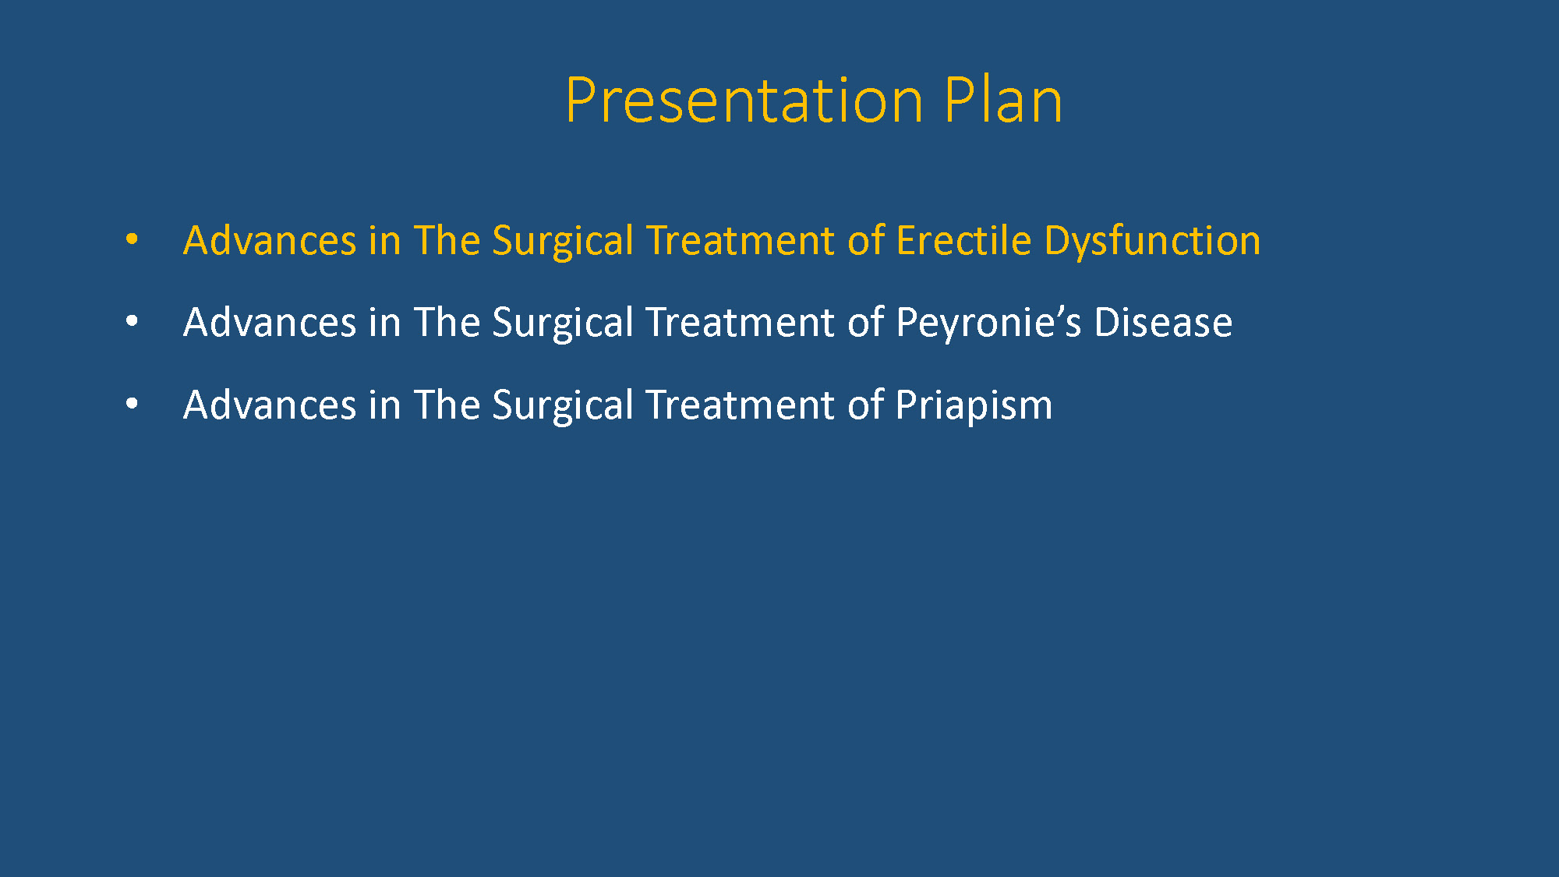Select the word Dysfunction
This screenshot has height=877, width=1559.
(x=1152, y=242)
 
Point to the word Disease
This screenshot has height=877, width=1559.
(x=1163, y=323)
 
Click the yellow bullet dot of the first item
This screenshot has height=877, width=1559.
(x=132, y=239)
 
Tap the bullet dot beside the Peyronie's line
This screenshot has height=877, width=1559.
(x=132, y=321)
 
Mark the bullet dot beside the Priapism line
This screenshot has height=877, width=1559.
(x=132, y=404)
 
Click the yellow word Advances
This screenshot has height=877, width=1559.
(x=270, y=240)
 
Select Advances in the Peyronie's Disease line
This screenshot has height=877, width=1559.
(x=270, y=323)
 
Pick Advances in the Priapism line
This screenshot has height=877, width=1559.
(x=270, y=405)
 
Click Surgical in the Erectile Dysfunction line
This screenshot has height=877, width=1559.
(x=563, y=242)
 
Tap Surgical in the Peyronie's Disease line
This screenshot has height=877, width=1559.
(x=563, y=324)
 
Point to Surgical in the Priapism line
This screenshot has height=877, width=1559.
(x=563, y=406)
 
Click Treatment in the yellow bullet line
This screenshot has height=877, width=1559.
(x=741, y=240)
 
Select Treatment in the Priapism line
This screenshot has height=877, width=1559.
(x=741, y=405)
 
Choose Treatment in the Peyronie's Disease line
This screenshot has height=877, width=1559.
(x=741, y=323)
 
